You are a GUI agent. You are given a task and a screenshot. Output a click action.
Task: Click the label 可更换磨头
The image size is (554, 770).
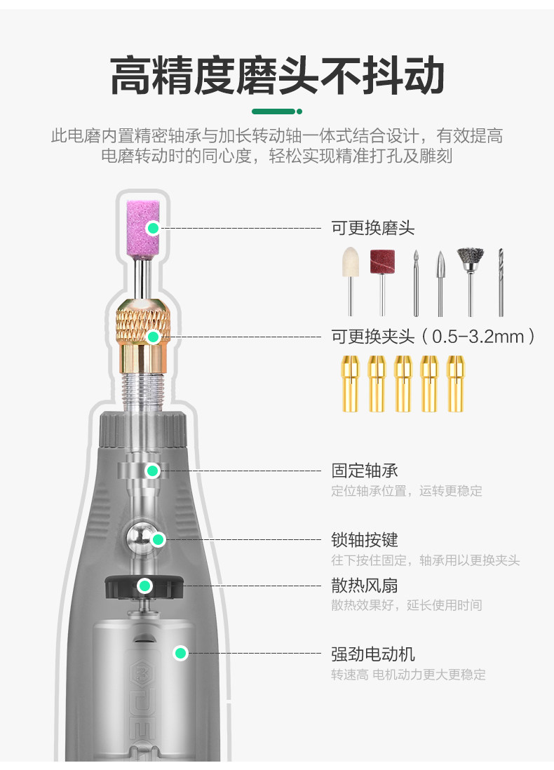(x=373, y=228)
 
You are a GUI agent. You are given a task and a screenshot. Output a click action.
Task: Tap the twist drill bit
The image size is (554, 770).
(x=501, y=281)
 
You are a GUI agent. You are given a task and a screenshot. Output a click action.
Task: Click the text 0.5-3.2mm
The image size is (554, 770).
(x=478, y=337)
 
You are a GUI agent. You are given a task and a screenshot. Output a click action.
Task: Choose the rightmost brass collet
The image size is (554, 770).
(x=456, y=383)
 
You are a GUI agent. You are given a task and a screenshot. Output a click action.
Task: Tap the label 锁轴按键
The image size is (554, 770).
(x=365, y=540)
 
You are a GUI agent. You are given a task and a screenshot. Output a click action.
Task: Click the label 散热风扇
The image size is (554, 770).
(x=365, y=585)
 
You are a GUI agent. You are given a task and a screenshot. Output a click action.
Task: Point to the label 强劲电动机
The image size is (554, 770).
(x=373, y=654)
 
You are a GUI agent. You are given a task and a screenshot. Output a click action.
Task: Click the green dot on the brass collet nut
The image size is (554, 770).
(x=154, y=337)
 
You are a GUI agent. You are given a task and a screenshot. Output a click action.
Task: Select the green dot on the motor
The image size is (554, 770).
(x=181, y=654)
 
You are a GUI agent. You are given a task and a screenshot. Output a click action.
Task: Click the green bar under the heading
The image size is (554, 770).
(x=274, y=111)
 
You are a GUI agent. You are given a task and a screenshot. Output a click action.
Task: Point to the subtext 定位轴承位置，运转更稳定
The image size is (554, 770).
(x=407, y=491)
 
